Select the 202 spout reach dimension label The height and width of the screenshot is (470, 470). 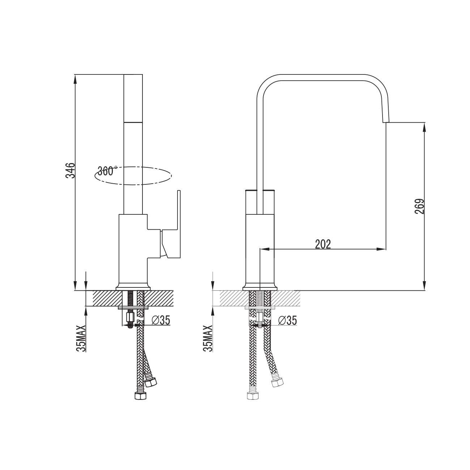click(323, 244)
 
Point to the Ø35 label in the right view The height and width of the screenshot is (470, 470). click(287, 320)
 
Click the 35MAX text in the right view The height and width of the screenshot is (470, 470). click(208, 338)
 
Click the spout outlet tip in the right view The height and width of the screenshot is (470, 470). click(385, 122)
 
